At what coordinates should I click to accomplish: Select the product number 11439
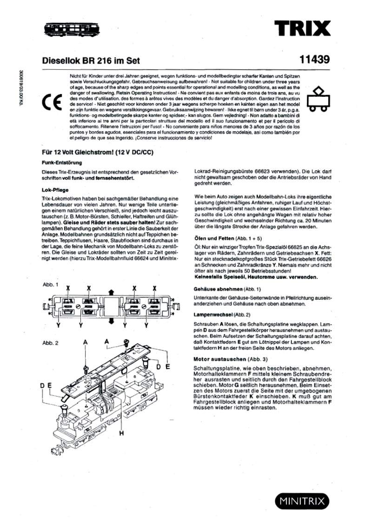(315, 60)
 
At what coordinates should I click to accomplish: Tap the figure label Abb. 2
(50, 343)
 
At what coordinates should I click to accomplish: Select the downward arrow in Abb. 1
(112, 321)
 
